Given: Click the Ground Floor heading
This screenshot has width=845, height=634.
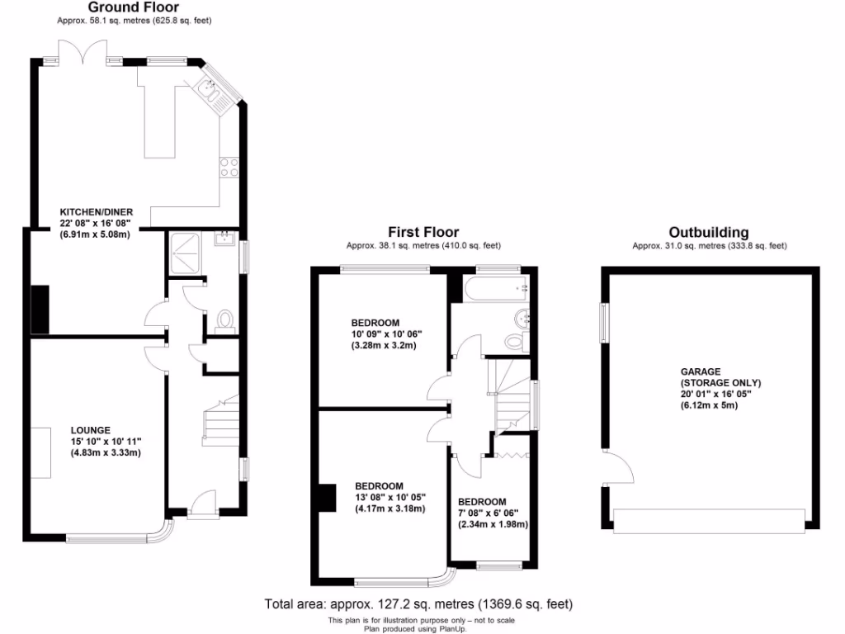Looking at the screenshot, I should pos(133,7).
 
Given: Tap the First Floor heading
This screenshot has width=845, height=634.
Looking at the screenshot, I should pos(423,232).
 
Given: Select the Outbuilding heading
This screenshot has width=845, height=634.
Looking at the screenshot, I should pos(709,232).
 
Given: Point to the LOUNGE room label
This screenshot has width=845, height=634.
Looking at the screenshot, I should pos(90,429).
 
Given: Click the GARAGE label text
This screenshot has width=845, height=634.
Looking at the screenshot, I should pos(701,371).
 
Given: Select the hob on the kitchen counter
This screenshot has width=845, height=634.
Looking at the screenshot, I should pos(229,168).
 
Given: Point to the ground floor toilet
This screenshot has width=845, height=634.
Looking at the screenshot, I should pos(224,321).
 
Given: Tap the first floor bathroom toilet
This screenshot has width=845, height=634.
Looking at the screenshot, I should pos(513,341).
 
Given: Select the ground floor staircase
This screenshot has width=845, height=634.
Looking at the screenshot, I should pos(220,421).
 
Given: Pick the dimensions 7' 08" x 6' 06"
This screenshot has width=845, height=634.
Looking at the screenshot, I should pos(493,513).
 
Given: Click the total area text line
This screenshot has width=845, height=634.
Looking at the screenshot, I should pos(418,603).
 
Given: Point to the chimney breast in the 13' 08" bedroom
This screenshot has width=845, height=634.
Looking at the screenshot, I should pos(328,498).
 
